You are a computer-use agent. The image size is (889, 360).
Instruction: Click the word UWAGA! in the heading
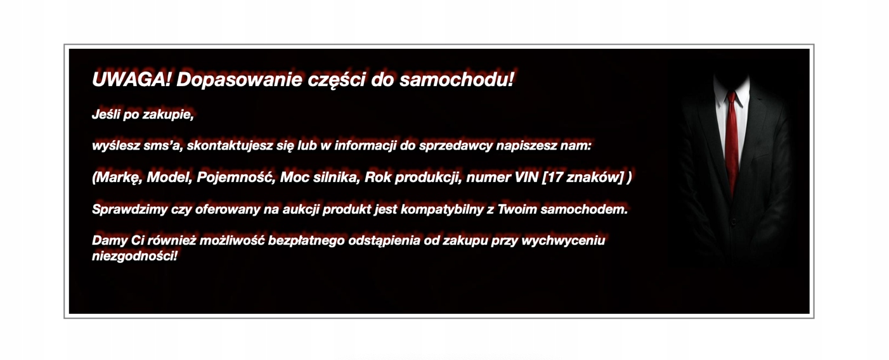pyautogui.click(x=131, y=79)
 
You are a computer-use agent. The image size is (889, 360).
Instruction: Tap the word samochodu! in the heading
pyautogui.click(x=457, y=79)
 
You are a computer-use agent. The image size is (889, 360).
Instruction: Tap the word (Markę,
pyautogui.click(x=117, y=177)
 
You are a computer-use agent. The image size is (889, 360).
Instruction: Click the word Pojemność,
pyautogui.click(x=236, y=177)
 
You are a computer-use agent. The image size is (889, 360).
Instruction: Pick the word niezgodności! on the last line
pyautogui.click(x=134, y=256)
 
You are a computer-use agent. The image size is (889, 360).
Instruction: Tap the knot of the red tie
pyautogui.click(x=732, y=97)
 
